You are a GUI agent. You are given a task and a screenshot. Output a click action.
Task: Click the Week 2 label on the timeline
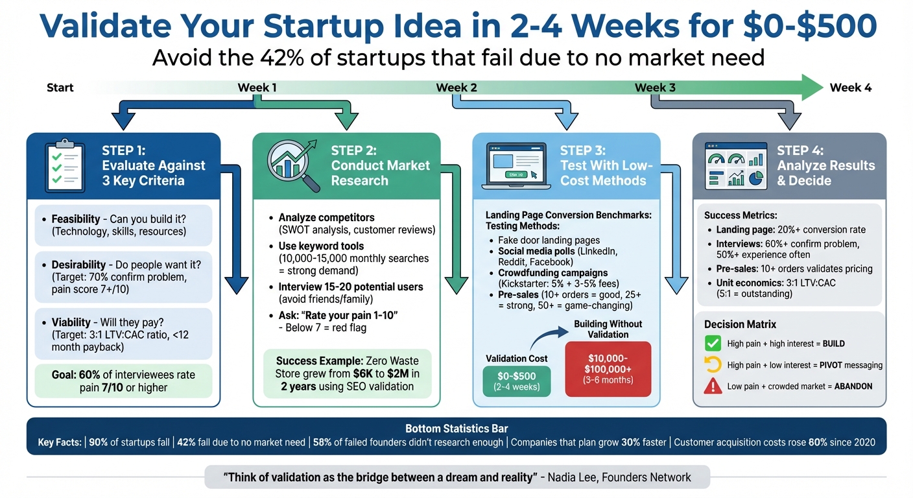click(456, 88)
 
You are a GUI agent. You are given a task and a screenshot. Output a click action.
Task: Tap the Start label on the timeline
click(60, 88)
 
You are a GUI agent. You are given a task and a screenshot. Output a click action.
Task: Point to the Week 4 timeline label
click(851, 88)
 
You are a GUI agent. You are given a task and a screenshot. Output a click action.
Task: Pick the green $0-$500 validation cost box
click(517, 380)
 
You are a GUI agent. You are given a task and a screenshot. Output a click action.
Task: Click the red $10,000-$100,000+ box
click(608, 368)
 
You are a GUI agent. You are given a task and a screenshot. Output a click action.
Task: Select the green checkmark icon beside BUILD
click(713, 344)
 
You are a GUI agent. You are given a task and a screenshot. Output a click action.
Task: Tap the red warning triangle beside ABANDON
click(713, 386)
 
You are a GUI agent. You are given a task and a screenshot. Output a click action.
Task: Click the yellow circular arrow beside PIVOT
click(713, 365)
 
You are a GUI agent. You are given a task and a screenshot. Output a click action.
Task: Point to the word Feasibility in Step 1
click(76, 219)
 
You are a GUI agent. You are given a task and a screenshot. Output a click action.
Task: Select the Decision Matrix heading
click(740, 324)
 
